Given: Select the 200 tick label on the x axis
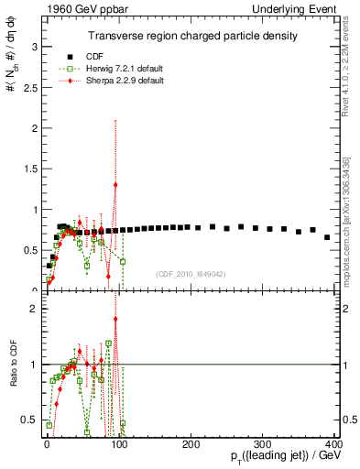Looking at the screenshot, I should [191, 444].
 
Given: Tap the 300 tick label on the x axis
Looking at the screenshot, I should [262, 444].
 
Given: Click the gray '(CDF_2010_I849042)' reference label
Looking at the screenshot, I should [191, 274].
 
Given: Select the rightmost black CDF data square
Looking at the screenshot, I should [327, 237].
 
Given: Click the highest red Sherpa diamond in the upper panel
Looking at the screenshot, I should [115, 185].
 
